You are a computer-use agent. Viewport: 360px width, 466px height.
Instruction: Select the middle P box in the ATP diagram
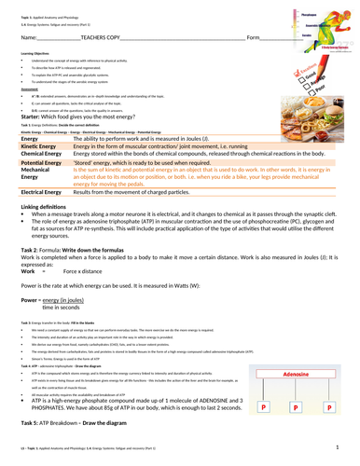[x=297, y=408]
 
